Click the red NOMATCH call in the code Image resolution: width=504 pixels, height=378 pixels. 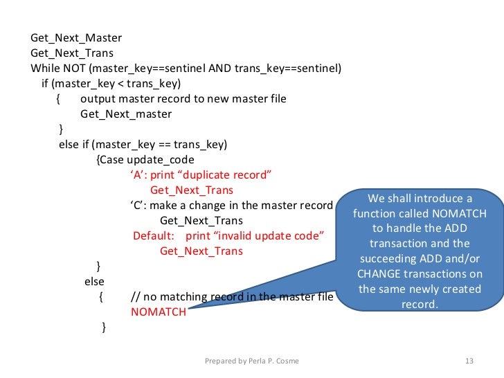159,312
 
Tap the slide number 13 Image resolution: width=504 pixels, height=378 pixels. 469,361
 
